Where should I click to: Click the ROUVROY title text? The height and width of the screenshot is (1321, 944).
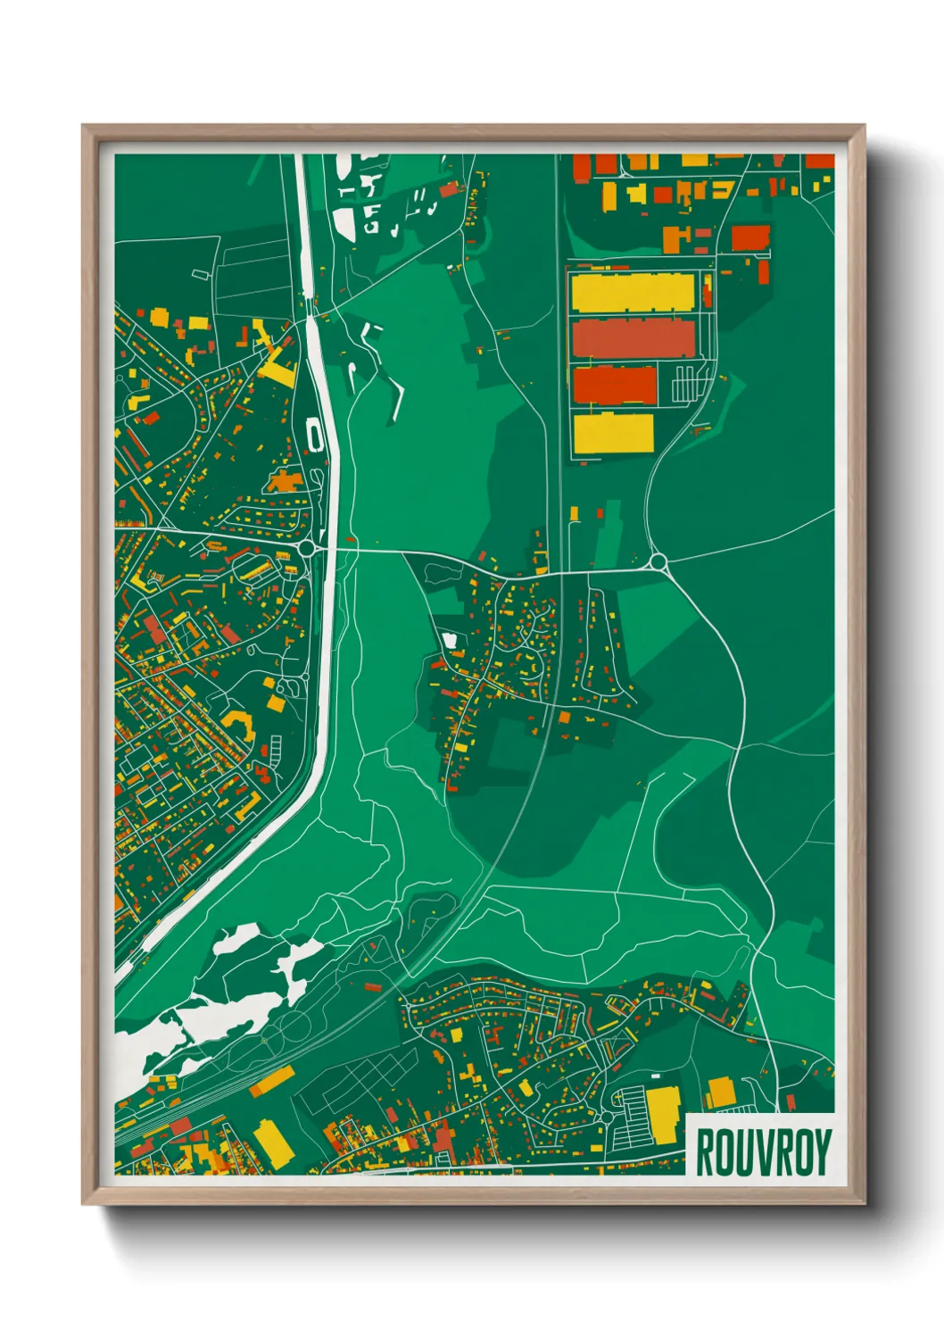[x=763, y=1152]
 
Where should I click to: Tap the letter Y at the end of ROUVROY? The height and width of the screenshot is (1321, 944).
[x=822, y=1152]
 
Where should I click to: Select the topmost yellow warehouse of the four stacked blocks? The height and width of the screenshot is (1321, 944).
[x=633, y=293]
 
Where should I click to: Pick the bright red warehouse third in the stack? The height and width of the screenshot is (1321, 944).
[x=615, y=385]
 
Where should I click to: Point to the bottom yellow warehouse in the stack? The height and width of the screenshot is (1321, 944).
[x=614, y=434]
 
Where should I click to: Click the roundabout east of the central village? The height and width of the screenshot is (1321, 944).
[x=658, y=561]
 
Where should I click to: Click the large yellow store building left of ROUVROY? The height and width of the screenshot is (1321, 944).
[x=663, y=1114]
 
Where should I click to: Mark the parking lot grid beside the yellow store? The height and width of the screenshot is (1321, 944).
[x=630, y=1117]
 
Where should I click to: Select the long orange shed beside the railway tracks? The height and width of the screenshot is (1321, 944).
[x=271, y=1081]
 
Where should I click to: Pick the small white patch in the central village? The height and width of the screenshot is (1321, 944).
[x=450, y=639]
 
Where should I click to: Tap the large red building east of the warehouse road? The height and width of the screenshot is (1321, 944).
[x=749, y=237]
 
